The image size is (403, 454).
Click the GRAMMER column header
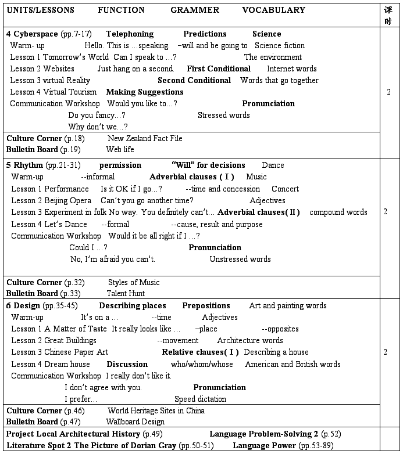pos(195,10)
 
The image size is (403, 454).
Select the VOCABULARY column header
pos(273,10)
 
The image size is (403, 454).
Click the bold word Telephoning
pos(130,34)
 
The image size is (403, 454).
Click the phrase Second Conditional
pos(194,80)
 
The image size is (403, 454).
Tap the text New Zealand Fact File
pos(145,138)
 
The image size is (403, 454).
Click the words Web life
pos(120,149)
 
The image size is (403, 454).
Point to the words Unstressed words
pos(240,259)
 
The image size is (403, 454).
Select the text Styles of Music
pos(134,282)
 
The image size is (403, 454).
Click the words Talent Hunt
pos(126,293)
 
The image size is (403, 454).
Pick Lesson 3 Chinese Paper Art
pos(59,352)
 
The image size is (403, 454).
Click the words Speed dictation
pos(200,399)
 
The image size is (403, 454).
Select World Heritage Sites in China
pos(156,410)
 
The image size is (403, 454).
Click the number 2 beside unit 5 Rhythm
pos(385,212)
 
